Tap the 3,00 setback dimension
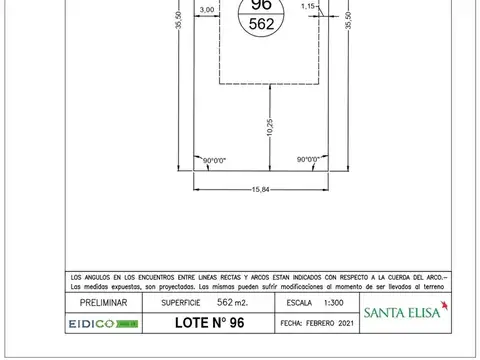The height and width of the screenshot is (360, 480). click(207, 9)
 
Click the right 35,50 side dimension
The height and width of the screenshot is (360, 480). click(348, 20)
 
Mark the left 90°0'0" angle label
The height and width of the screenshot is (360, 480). click(215, 160)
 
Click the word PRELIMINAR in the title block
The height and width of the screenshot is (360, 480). click(104, 302)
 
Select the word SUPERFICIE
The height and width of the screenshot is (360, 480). click(180, 302)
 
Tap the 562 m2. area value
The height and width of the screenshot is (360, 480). click(234, 302)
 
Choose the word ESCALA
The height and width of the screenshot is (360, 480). click(300, 302)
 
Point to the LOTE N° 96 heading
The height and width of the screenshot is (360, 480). click(209, 323)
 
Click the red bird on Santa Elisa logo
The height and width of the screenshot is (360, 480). click(443, 303)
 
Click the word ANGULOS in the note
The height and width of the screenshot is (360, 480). click(104, 276)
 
